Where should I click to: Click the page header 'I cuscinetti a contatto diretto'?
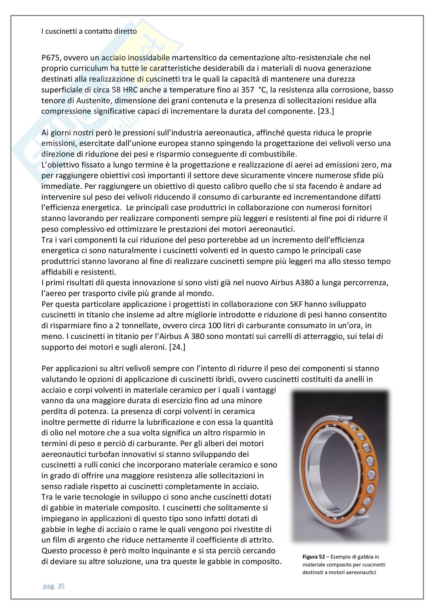(89, 31)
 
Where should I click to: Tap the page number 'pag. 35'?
(54, 586)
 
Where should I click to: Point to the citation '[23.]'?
(326, 111)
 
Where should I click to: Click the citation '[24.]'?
(177, 347)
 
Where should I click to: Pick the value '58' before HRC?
(116, 90)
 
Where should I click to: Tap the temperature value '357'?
(247, 90)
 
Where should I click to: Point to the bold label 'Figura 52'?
(314, 557)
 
